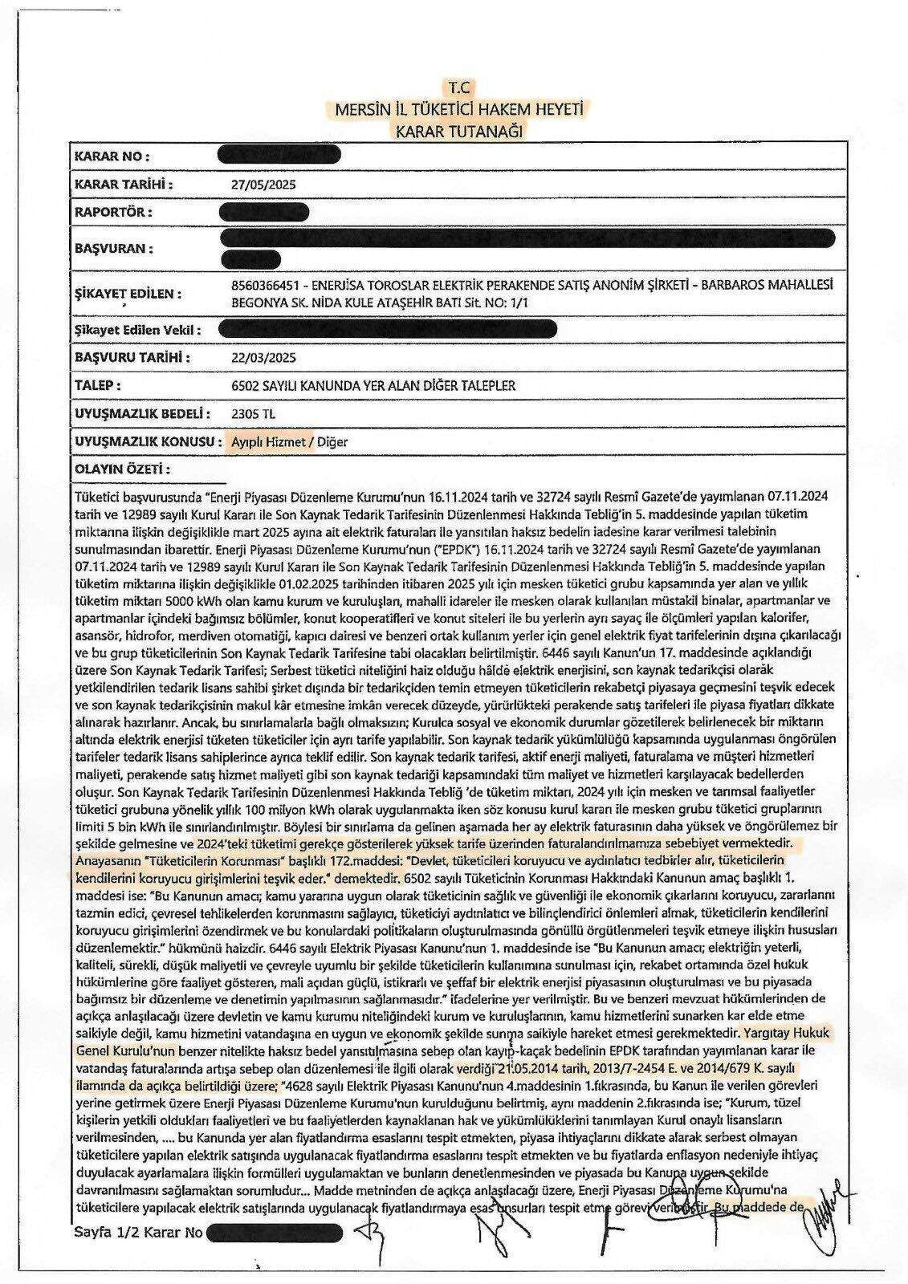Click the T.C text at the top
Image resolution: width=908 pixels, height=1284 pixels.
[x=461, y=86]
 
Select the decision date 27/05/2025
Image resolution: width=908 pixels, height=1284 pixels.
[x=263, y=185]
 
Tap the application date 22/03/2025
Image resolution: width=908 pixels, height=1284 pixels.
[x=263, y=357]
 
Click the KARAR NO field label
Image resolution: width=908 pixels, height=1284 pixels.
[x=112, y=156]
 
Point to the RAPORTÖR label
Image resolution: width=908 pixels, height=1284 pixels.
[x=113, y=213]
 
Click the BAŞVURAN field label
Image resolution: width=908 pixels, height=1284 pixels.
[x=113, y=249]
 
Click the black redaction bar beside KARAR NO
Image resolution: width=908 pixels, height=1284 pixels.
[x=280, y=155]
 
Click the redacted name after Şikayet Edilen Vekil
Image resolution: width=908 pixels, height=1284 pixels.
[x=387, y=328]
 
